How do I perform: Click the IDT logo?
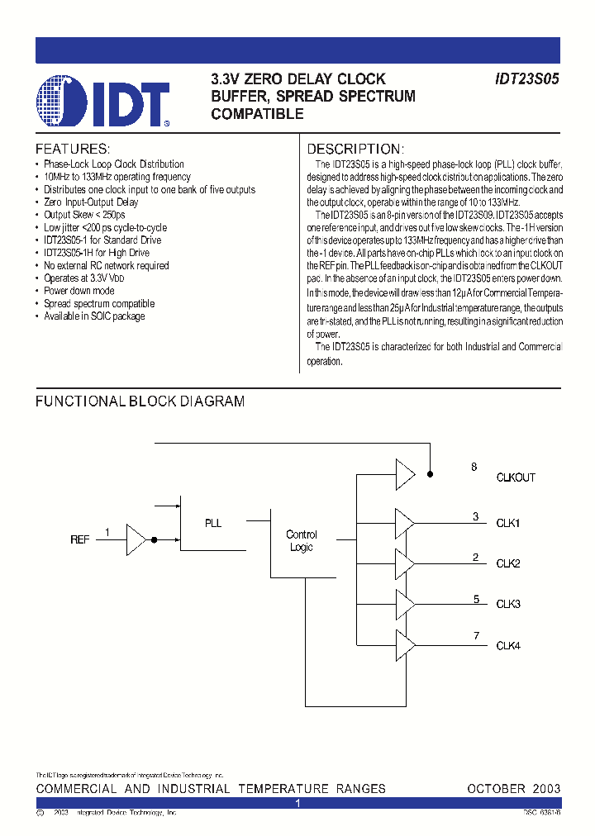(x=103, y=102)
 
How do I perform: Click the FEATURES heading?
(x=73, y=150)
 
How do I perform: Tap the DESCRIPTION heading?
(x=355, y=150)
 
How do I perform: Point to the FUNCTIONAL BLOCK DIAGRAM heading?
(x=140, y=401)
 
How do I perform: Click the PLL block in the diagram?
(x=213, y=523)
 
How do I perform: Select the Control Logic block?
(x=301, y=541)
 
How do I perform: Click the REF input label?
(x=79, y=539)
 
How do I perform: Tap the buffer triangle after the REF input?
(x=136, y=539)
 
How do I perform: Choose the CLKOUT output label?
(x=516, y=477)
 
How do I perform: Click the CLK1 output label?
(x=507, y=523)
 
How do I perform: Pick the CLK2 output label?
(x=507, y=563)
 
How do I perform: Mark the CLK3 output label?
(x=507, y=604)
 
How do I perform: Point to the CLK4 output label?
(x=507, y=645)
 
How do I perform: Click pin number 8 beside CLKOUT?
(x=474, y=468)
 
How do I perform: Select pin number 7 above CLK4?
(x=476, y=635)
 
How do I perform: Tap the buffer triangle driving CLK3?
(x=404, y=604)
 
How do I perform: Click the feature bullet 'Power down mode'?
(x=79, y=291)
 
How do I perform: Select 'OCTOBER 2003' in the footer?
(x=513, y=789)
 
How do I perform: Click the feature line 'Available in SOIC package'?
(x=94, y=316)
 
